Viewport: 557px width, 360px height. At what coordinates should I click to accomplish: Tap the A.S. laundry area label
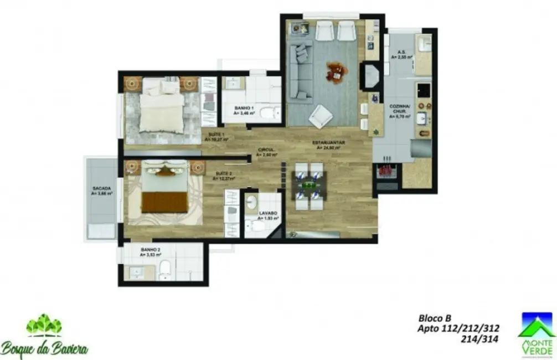402,53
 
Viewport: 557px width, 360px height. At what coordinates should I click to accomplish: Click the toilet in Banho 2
164,271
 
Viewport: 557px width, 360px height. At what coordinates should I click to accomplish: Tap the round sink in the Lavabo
251,202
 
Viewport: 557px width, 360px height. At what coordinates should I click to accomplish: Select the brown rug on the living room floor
337,72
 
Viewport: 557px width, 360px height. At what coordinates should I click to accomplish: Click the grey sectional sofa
301,72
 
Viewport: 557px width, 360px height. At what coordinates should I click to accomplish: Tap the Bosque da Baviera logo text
44,349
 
